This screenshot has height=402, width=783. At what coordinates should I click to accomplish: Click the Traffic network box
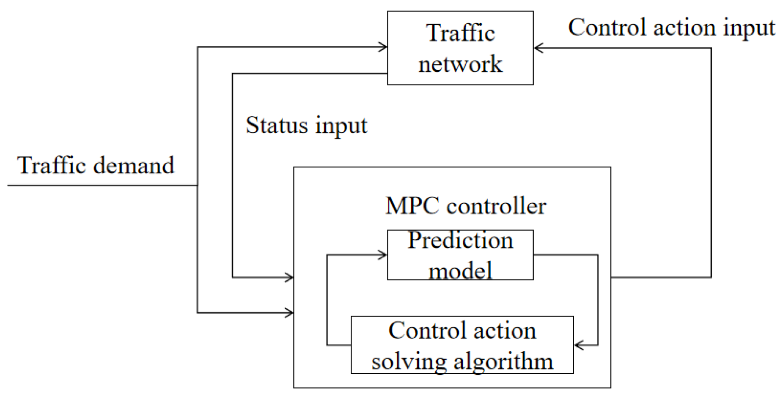tap(460, 48)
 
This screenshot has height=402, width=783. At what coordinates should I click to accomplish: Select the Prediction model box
tap(460, 255)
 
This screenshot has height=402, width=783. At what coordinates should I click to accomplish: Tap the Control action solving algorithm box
tap(462, 345)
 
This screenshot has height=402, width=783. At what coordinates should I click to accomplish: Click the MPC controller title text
tap(466, 206)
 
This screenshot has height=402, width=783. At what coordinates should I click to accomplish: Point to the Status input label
tap(306, 126)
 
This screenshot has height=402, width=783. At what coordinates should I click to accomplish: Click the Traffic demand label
tap(96, 165)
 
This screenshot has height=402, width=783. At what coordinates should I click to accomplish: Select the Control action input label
tap(671, 28)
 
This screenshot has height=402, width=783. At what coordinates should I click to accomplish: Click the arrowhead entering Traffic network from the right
tap(538, 48)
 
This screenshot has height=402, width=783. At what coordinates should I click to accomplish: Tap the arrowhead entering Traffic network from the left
tap(384, 47)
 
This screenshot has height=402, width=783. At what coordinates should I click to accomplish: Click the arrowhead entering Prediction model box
tap(383, 255)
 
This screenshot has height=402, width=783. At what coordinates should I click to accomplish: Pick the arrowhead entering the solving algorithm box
tap(578, 345)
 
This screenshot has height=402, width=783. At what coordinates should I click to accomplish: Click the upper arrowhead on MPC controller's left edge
tap(290, 277)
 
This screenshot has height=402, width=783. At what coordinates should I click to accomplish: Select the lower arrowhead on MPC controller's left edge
tap(290, 313)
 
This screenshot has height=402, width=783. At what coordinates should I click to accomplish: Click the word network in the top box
tap(460, 64)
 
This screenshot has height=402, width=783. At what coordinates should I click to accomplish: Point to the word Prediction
tap(460, 241)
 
